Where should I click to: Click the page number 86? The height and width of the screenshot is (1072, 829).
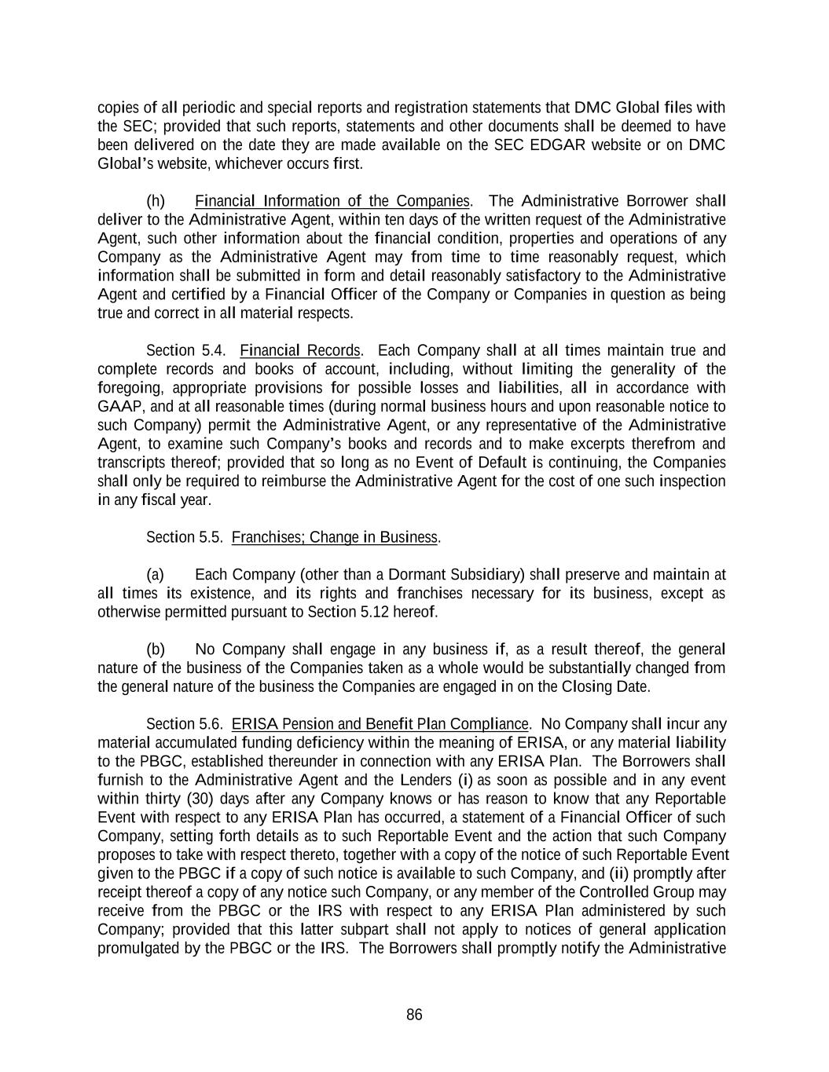coord(414,1015)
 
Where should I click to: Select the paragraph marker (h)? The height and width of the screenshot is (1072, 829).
coord(156,201)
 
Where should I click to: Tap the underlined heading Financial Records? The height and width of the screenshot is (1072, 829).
coord(299,350)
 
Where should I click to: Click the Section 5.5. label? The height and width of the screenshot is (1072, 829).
coord(185,537)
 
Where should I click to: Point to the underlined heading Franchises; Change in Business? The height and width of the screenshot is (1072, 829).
coord(335,537)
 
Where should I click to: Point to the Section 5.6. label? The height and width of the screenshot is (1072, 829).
coord(185,724)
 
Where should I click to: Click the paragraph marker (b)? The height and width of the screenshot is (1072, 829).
coord(156,649)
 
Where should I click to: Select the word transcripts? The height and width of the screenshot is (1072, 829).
coord(130,463)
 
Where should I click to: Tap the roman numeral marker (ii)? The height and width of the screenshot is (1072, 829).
coord(618,873)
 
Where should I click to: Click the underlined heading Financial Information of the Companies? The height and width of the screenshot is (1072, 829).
coord(332,201)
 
